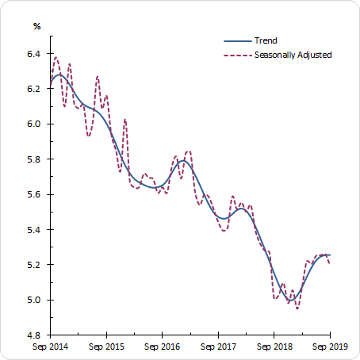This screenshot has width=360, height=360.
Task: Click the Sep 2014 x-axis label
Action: [51, 347]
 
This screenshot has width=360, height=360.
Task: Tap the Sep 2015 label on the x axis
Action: [106, 347]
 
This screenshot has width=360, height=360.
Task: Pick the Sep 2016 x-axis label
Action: [163, 347]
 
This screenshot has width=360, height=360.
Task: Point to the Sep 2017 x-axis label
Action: [218, 347]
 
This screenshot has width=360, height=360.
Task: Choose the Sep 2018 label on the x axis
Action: [274, 347]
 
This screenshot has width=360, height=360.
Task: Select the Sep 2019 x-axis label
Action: [329, 347]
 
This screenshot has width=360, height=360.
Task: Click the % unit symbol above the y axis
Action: [36, 26]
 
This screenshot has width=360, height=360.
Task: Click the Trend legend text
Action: [266, 41]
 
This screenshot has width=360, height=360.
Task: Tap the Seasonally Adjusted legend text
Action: [293, 55]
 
